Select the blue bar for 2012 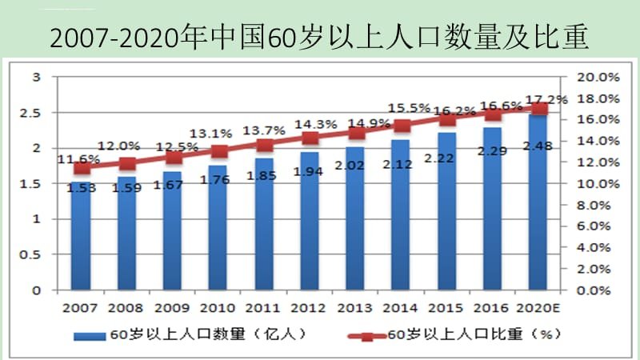click(310, 224)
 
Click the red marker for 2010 click(218, 151)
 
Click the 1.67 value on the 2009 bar click(172, 186)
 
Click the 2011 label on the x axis click(263, 307)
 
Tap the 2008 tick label click(126, 307)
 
